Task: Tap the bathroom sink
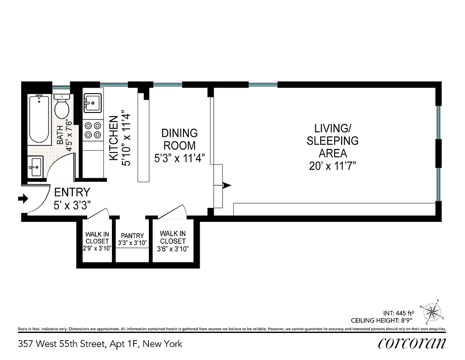(36, 167)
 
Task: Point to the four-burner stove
(93, 130)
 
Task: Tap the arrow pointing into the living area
(227, 185)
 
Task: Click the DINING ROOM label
(179, 139)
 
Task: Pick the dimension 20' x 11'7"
(332, 166)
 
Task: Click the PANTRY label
(132, 236)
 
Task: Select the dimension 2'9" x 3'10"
(97, 248)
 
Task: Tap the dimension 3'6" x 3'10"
(173, 248)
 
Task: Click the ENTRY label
(72, 193)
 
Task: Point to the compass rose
(433, 311)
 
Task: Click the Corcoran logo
(412, 343)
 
